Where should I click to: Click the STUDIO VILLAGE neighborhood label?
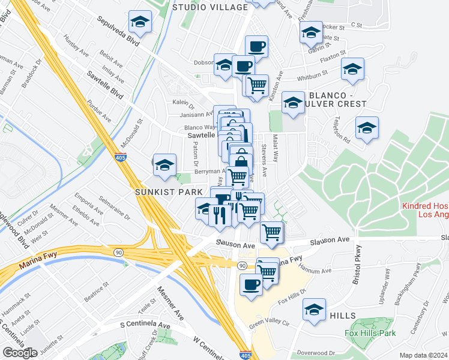[209, 7]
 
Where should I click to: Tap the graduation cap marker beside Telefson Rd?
[367, 128]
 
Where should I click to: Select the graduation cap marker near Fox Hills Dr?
[314, 310]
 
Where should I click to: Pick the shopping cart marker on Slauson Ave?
[272, 232]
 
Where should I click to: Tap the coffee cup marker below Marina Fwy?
[251, 284]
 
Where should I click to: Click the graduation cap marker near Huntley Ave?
[140, 23]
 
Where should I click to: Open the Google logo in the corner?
[19, 353]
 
